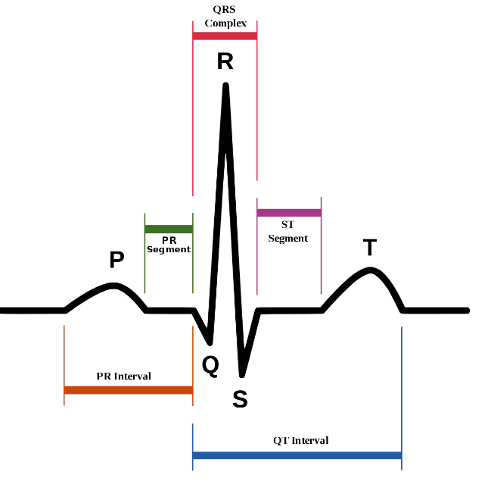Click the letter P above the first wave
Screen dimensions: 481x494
click(x=117, y=260)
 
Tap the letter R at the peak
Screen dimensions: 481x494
click(x=225, y=61)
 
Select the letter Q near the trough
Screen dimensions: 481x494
click(x=210, y=366)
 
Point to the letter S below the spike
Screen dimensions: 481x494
click(x=240, y=399)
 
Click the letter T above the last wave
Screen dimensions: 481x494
click(x=369, y=248)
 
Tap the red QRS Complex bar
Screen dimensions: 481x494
click(x=225, y=36)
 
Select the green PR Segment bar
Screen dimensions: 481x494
click(x=169, y=229)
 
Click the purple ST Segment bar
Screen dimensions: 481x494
click(x=289, y=213)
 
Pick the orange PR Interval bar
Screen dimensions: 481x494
click(x=129, y=390)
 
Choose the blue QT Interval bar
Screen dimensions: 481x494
click(x=297, y=455)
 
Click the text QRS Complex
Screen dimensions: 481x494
click(x=225, y=17)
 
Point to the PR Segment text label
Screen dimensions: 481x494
click(x=169, y=244)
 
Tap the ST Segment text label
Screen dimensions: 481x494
click(x=288, y=232)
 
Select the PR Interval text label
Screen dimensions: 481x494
click(x=123, y=376)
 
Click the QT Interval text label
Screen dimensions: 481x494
click(x=300, y=440)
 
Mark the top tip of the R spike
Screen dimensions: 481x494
click(x=225, y=85)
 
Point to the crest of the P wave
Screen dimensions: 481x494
click(x=113, y=285)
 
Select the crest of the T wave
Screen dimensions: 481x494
click(x=369, y=270)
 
